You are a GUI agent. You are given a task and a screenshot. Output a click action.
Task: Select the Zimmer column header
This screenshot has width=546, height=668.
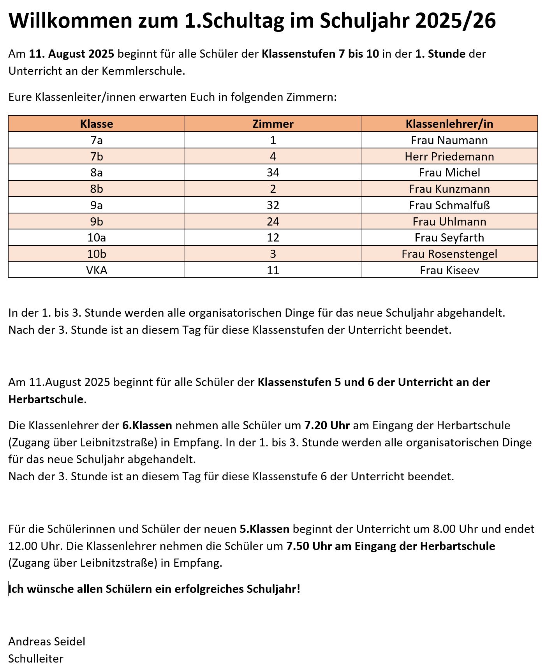click(273, 124)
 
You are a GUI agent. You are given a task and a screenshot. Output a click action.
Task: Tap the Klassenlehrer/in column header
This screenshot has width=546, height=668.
click(449, 124)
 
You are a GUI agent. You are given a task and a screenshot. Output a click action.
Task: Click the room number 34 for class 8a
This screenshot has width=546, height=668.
click(273, 173)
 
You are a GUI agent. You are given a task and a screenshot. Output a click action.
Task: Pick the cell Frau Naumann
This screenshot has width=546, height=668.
click(449, 140)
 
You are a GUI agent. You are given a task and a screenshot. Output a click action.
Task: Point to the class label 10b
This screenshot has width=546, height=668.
click(97, 254)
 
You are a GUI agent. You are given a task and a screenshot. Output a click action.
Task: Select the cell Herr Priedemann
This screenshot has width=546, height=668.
click(449, 157)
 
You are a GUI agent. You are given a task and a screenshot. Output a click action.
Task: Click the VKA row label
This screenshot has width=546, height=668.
click(97, 270)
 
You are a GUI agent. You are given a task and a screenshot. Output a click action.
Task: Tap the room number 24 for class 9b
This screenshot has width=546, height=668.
click(273, 222)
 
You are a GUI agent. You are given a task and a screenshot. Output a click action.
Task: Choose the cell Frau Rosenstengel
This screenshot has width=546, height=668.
click(449, 254)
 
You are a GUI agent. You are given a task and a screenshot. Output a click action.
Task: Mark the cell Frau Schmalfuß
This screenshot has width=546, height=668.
click(449, 205)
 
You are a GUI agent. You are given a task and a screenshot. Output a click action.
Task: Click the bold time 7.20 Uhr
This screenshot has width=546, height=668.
click(327, 425)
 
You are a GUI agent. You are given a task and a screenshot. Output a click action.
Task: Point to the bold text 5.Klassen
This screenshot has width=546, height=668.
click(264, 529)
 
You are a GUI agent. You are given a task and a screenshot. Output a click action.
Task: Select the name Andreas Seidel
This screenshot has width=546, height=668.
click(47, 642)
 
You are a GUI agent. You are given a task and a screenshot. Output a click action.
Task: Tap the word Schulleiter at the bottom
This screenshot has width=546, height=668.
click(36, 659)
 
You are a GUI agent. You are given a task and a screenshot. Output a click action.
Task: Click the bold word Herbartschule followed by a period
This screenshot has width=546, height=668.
click(46, 399)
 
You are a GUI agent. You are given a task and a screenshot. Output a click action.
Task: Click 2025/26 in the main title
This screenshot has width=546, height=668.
click(455, 20)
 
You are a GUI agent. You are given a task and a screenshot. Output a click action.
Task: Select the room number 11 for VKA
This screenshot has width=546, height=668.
click(273, 270)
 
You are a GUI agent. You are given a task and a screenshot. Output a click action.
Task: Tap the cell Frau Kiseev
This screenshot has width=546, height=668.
click(449, 270)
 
